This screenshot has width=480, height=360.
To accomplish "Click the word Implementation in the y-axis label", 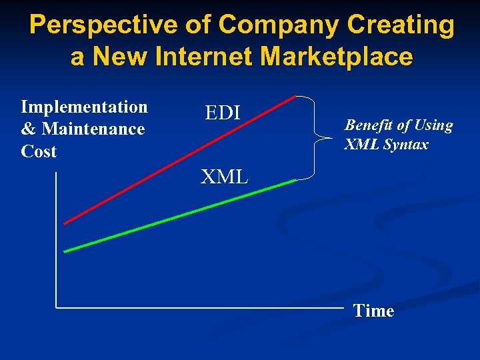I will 84,107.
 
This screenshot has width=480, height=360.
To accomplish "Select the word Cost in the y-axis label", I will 39,151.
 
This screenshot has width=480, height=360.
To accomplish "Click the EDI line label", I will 222,113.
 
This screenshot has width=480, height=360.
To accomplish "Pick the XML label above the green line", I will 225,177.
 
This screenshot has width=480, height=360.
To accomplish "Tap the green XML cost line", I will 180,216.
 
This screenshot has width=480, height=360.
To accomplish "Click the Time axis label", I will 373,311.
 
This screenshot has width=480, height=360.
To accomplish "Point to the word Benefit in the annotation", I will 368,125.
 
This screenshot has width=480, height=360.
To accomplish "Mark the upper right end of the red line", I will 295,97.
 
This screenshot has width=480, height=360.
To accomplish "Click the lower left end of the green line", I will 65,251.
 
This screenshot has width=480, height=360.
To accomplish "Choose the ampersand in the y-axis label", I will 27,129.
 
